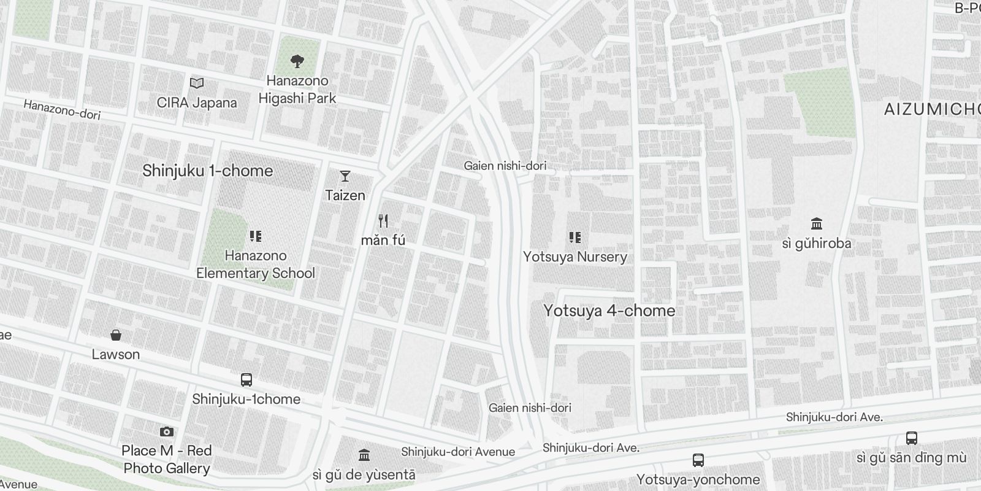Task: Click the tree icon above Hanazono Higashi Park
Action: pos(297,61)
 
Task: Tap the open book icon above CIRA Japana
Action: pos(197,83)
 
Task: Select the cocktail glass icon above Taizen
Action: pos(345,176)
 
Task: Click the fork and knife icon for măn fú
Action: pos(383,221)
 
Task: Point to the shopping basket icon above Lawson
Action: pos(116,335)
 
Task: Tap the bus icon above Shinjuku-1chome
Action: pos(246,379)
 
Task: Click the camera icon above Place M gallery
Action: pos(166,432)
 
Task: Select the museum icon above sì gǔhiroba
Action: pos(817,223)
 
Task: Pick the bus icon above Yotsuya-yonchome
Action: pos(698,460)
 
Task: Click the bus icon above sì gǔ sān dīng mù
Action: pos(912,438)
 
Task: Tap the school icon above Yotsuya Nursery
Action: pos(574,238)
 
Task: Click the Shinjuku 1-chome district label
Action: pos(208,171)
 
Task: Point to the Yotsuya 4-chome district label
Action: pos(609,311)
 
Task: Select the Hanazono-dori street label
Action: pos(61,109)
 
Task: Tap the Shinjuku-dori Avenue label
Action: pos(458,452)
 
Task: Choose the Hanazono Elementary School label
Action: pos(256,265)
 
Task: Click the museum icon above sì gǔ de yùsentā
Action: pos(364,455)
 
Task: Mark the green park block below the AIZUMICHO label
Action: pos(819,104)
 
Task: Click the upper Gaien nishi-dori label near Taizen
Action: pos(505,166)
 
